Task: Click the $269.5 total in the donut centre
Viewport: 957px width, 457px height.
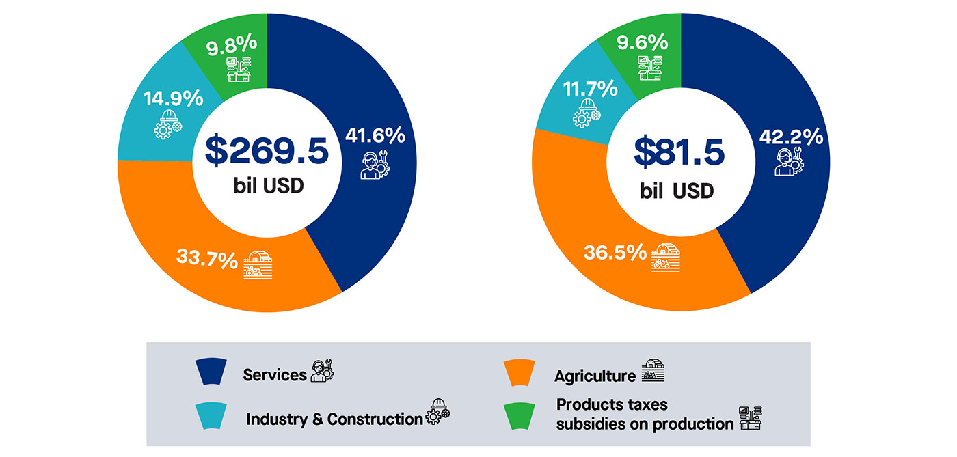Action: [267, 152]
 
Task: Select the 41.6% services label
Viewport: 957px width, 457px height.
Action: [375, 135]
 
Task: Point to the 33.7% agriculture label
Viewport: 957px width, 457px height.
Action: [207, 260]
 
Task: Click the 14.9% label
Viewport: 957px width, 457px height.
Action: [173, 98]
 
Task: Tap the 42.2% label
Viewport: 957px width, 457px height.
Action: [791, 137]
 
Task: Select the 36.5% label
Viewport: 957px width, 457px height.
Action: [615, 252]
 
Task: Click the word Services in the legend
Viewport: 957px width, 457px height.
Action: [275, 375]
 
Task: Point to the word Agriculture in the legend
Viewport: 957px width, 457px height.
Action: [595, 376]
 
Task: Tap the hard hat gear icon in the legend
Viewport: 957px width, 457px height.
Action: [438, 411]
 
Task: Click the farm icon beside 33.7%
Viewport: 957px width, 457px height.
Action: [258, 265]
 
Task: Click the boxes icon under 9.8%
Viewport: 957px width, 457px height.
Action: [239, 68]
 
